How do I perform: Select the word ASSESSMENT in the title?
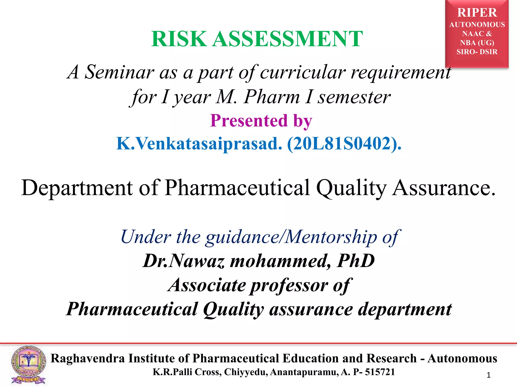click(287, 39)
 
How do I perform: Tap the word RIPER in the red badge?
click(477, 13)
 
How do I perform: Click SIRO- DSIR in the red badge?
click(477, 52)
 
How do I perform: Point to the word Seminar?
click(119, 72)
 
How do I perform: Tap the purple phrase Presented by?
click(261, 120)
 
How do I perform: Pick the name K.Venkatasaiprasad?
click(199, 143)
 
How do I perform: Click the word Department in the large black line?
click(77, 188)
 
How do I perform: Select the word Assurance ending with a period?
click(444, 188)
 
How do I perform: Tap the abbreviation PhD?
click(356, 261)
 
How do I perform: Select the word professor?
click(289, 285)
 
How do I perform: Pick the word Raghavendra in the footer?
click(88, 358)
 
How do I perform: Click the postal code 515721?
click(380, 372)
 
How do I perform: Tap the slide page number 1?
click(488, 375)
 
